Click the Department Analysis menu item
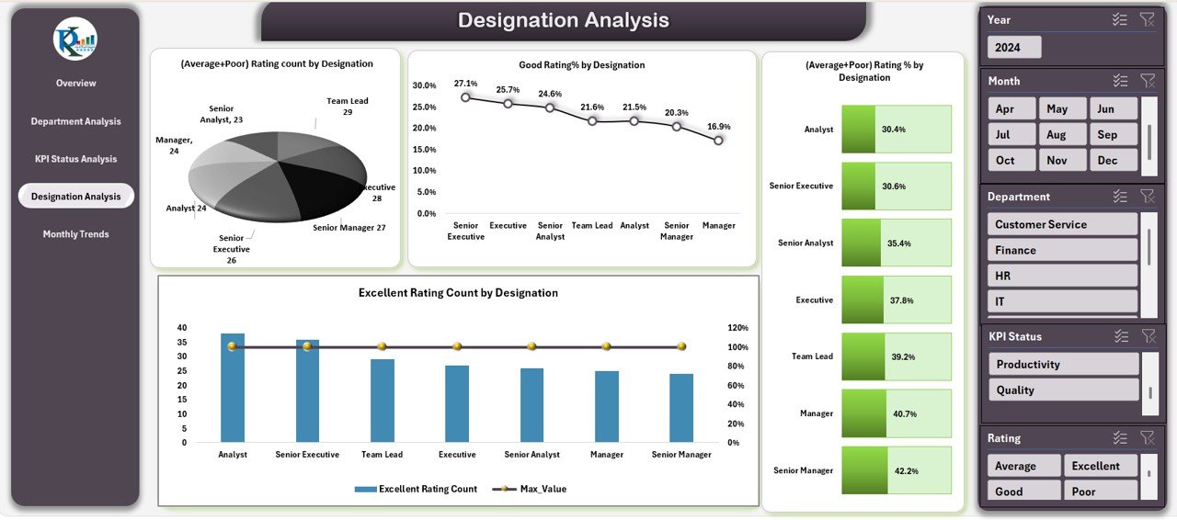tap(75, 121)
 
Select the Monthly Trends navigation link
tap(75, 234)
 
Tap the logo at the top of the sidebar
tap(75, 39)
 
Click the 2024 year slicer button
tap(1014, 47)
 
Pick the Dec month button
tap(1114, 160)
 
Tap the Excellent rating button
tap(1101, 466)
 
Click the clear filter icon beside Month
tap(1147, 81)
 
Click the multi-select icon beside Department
tap(1119, 196)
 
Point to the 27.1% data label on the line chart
tap(465, 84)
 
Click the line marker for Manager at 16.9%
tap(718, 141)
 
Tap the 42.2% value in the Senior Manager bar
tap(906, 470)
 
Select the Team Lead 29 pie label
tap(347, 107)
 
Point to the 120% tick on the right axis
tap(737, 328)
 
